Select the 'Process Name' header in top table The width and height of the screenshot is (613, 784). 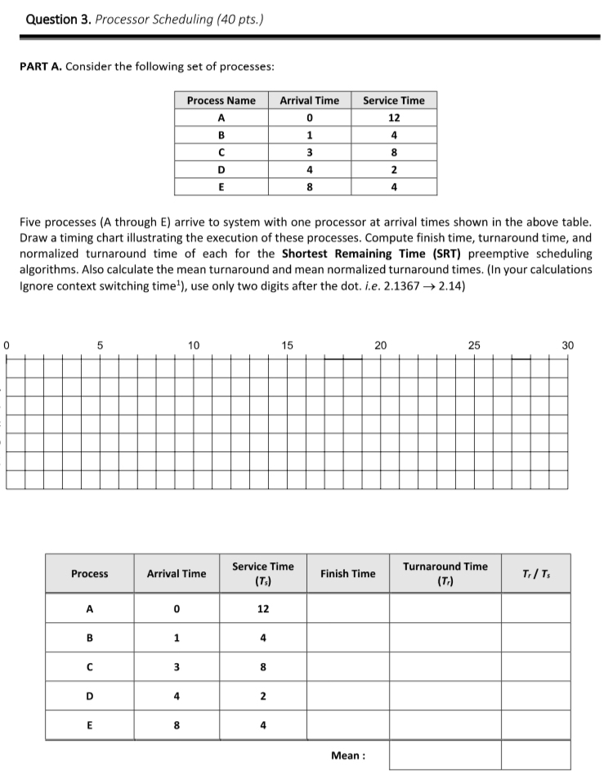221,101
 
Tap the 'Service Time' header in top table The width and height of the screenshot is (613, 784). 394,101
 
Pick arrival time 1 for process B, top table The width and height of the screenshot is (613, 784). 309,136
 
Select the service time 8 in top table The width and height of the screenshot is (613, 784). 394,153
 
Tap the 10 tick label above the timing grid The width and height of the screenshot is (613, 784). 194,345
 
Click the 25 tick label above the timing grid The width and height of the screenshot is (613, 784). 475,345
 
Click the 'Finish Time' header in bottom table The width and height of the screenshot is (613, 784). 348,574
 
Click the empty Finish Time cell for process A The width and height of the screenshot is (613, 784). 348,610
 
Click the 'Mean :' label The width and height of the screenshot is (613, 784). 348,755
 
